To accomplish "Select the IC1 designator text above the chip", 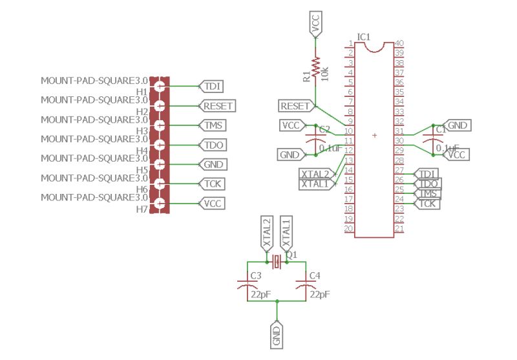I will (x=363, y=37).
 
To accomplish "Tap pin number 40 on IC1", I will (x=399, y=43).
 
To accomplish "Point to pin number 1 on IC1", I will (x=350, y=43).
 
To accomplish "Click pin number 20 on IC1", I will (x=348, y=228).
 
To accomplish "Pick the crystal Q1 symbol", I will (x=277, y=262).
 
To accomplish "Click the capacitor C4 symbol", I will (x=301, y=285).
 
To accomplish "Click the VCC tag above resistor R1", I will (x=315, y=23).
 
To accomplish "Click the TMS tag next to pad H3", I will (x=212, y=125).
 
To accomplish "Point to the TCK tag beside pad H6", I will (x=212, y=184).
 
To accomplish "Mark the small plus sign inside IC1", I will (x=375, y=136).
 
